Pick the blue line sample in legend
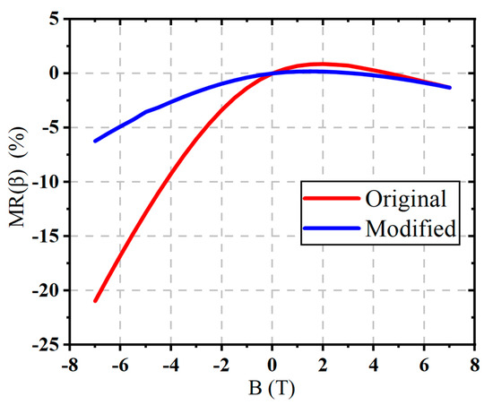tap(333, 228)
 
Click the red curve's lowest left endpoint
tap(95, 301)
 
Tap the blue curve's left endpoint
tap(95, 141)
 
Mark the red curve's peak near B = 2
tap(320, 64)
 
